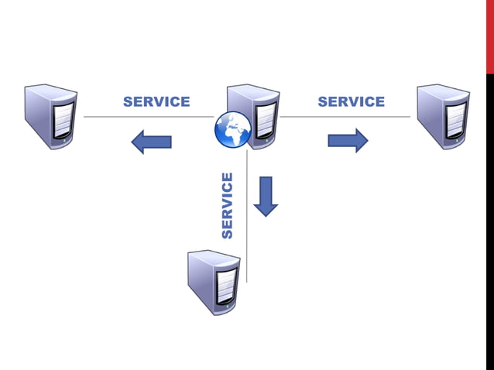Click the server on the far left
(50, 116)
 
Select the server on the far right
(443, 116)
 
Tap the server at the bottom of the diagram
(214, 282)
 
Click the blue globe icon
(233, 129)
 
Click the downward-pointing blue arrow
(266, 196)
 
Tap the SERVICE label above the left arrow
(156, 102)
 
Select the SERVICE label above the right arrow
(351, 102)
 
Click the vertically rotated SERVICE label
(227, 205)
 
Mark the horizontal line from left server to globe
(147, 117)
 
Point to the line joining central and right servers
(345, 117)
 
